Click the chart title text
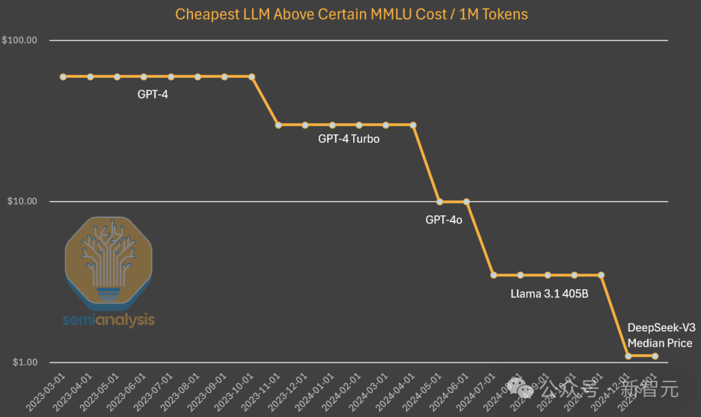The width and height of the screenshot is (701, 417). (350, 14)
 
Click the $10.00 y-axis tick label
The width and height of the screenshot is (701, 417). (21, 202)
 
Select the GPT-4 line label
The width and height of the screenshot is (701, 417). (153, 94)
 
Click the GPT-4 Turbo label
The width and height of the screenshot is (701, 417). (348, 139)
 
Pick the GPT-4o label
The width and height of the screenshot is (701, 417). (444, 219)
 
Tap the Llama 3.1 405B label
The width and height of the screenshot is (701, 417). (550, 295)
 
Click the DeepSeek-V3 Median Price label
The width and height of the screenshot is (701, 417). (660, 335)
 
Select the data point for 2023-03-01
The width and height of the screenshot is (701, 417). (63, 77)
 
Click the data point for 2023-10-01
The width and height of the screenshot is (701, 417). (251, 77)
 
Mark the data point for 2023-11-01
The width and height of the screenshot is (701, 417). (278, 125)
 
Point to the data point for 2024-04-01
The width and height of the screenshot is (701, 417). (413, 125)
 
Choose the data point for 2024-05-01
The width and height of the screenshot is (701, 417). (439, 202)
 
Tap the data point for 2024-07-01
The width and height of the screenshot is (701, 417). (494, 275)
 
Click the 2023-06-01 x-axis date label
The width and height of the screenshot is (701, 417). (131, 394)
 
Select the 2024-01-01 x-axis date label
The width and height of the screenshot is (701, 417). (319, 394)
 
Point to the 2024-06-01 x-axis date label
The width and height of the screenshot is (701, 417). (454, 394)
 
